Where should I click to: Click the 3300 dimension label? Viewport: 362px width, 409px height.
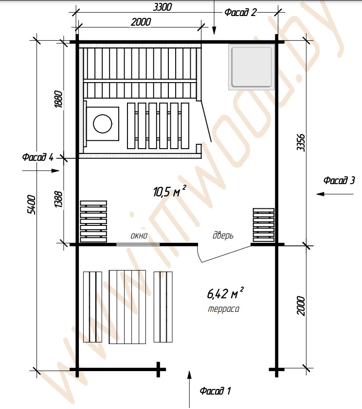click(162, 7)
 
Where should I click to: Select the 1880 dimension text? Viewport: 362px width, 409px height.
click(58, 99)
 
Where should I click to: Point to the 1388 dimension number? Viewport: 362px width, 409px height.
click(58, 200)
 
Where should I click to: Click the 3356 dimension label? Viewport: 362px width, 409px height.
click(301, 142)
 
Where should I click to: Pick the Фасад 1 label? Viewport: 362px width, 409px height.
click(215, 391)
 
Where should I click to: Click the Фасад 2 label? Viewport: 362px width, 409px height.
click(241, 12)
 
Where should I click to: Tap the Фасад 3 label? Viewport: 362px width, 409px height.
click(339, 180)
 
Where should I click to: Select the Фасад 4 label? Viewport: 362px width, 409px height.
click(38, 157)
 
